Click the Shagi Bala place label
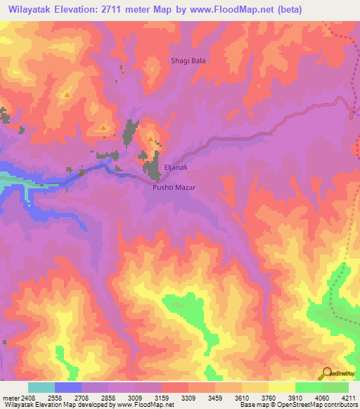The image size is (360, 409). pyautogui.click(x=188, y=60)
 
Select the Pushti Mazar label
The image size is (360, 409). pyautogui.click(x=173, y=188)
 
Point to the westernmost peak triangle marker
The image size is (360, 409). pyautogui.click(x=66, y=94)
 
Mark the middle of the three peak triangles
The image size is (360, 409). pyautogui.click(x=103, y=127)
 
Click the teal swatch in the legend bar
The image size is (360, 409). pyautogui.click(x=41, y=387)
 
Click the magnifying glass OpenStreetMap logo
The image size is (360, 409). pyautogui.click(x=326, y=372)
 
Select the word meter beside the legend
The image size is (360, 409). pyautogui.click(x=11, y=397)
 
